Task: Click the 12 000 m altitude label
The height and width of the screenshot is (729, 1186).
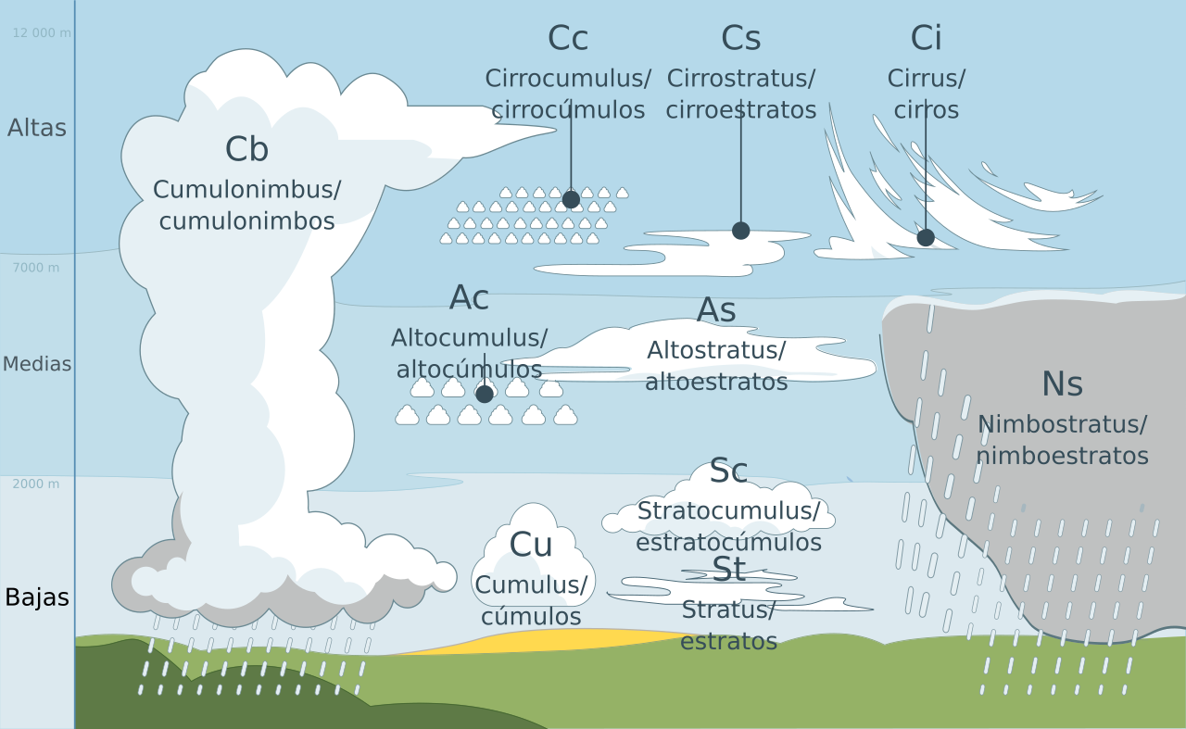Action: click(42, 33)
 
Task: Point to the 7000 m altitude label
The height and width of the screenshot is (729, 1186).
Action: click(36, 269)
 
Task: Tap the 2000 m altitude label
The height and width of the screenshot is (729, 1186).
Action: click(36, 484)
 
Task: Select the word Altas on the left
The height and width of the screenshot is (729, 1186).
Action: click(37, 128)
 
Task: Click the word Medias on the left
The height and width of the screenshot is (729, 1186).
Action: click(37, 364)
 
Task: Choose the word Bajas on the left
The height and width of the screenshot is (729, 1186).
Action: click(37, 597)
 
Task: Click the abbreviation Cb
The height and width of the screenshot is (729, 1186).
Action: click(246, 149)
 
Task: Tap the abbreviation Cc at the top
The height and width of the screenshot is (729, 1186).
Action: click(567, 38)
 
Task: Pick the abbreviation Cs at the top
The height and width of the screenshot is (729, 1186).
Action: click(740, 38)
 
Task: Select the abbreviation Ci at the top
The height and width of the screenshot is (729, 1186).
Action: click(926, 38)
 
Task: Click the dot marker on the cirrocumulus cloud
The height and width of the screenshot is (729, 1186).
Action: click(571, 199)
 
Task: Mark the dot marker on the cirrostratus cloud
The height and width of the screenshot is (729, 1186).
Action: click(740, 231)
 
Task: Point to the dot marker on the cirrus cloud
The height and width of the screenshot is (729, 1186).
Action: click(925, 237)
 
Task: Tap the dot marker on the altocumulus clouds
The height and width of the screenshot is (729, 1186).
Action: click(484, 394)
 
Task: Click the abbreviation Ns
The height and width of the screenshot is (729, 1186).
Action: click(1062, 383)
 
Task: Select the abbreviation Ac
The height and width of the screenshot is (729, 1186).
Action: click(469, 298)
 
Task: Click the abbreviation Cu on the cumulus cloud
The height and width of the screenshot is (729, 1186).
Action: click(531, 545)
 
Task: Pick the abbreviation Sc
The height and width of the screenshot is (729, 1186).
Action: click(728, 471)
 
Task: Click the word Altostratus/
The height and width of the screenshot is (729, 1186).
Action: click(716, 351)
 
